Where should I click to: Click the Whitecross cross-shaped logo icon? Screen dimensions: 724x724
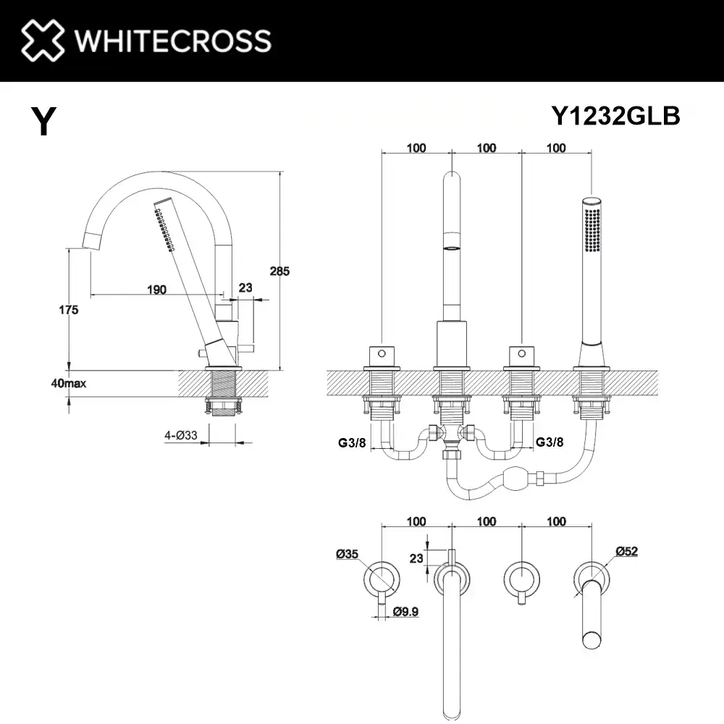[43, 40]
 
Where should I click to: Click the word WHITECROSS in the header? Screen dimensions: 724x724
[173, 41]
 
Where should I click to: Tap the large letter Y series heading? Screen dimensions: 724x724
[44, 121]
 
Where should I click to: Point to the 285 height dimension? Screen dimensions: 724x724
[279, 271]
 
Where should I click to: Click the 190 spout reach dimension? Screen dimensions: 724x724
[156, 290]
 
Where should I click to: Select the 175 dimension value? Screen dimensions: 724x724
[68, 309]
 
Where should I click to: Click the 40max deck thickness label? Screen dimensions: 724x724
[68, 383]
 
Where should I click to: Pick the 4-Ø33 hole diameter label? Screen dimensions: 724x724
[181, 435]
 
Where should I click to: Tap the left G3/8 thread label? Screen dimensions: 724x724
[352, 442]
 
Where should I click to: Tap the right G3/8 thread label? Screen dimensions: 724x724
[550, 442]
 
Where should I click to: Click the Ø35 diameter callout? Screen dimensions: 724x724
[348, 554]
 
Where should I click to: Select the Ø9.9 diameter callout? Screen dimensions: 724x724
[405, 611]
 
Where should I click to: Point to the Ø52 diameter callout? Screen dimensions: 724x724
[626, 551]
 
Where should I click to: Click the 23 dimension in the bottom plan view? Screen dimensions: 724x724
[416, 558]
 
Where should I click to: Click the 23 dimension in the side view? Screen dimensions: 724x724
[245, 287]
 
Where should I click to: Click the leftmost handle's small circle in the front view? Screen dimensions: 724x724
[382, 354]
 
